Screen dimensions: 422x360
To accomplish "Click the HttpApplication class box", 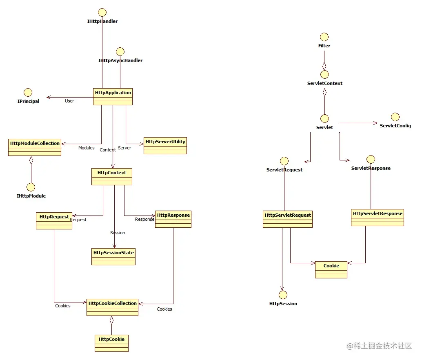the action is tap(113, 97).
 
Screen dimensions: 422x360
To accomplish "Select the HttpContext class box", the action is tap(112, 177).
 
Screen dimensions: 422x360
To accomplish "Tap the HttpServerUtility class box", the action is tap(165, 146).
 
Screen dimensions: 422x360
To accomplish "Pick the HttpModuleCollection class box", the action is tap(35, 147).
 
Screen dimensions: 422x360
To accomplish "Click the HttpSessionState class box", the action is tap(113, 257).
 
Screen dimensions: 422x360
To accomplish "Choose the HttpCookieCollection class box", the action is tap(112, 307).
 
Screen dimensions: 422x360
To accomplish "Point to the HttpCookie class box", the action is tap(111, 343).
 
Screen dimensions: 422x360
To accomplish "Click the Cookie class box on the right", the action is tap(331, 270).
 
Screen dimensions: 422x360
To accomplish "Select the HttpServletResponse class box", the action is tap(378, 218).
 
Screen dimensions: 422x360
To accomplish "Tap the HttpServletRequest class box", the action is tap(288, 219).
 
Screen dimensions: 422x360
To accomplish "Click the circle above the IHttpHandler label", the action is tap(102, 13).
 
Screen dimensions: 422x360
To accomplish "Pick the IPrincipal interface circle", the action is tap(28, 93).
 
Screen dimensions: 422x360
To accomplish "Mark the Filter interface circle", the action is tap(324, 37).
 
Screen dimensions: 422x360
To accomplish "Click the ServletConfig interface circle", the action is tap(395, 117).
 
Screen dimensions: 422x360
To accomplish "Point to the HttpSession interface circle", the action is tap(283, 295).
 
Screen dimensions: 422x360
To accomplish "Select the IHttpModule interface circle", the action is tap(31, 187).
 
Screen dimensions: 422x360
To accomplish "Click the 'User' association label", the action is tap(69, 101).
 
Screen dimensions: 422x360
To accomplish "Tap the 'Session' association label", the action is tap(118, 233).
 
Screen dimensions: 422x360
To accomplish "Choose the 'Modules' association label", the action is tap(86, 148).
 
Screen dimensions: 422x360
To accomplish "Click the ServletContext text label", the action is tap(325, 83).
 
